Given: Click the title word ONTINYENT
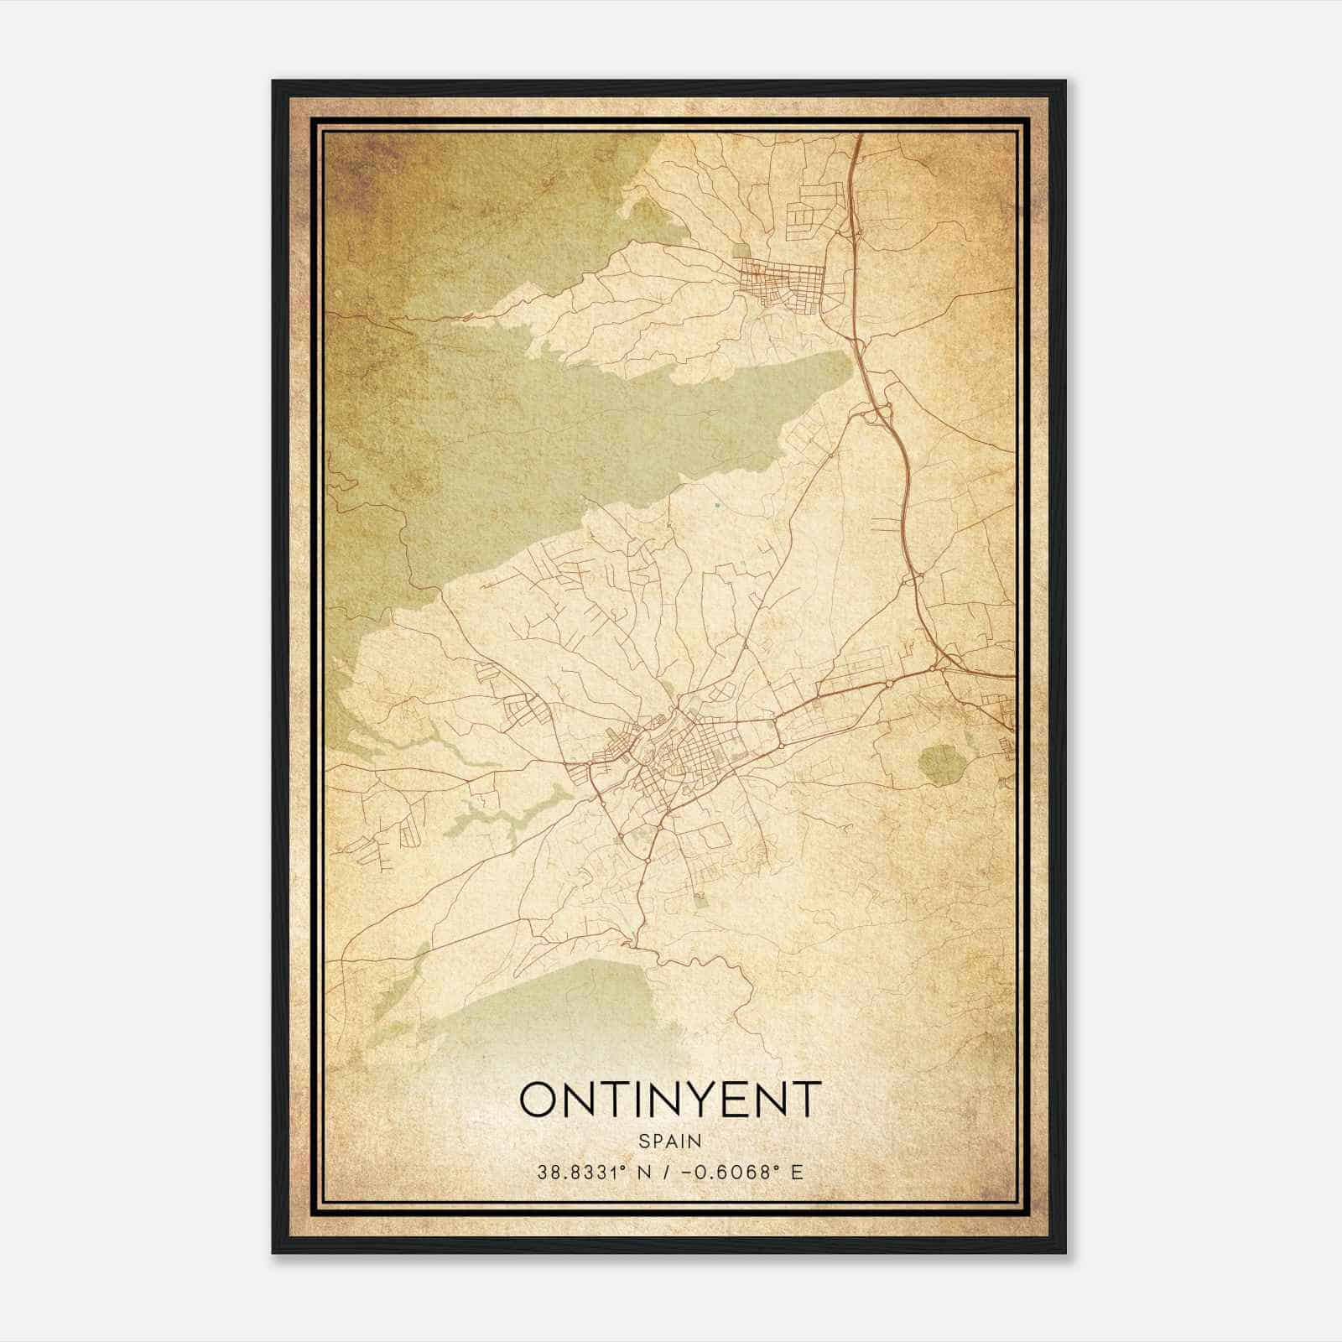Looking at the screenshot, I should click(x=668, y=1100).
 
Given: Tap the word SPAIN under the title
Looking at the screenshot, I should click(x=669, y=1141).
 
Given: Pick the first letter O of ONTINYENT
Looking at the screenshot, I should click(x=538, y=1100).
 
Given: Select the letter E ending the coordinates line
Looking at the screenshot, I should click(x=797, y=1172).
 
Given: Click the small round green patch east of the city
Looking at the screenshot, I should click(x=940, y=763).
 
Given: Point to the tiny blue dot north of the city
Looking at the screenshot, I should click(x=717, y=505).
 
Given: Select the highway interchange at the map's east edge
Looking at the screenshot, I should click(x=944, y=667).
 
